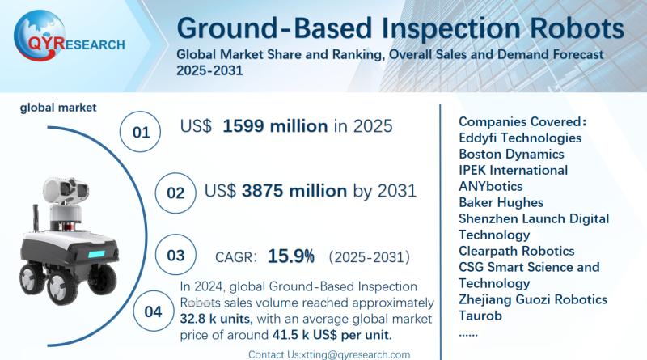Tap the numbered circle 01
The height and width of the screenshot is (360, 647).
142,130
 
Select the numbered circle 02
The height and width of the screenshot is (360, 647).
175,193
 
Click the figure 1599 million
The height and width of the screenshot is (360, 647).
276,126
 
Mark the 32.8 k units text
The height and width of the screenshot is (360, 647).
215,317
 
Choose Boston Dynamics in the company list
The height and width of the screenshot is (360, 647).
511,154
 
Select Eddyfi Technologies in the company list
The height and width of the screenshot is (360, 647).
520,138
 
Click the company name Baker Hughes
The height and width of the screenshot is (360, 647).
501,202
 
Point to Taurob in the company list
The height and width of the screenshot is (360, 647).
480,316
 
